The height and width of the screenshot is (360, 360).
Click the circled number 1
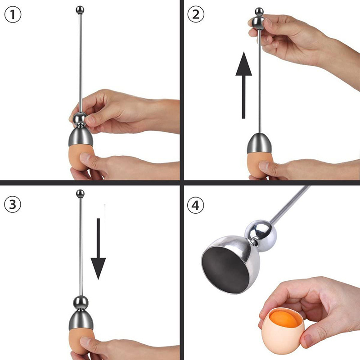click(13, 15)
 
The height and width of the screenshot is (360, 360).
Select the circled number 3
click(13, 204)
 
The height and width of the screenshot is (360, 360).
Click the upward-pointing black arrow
click(243, 85)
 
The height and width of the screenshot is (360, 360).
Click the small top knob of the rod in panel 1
click(80, 9)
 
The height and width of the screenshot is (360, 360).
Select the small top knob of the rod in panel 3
click(80, 194)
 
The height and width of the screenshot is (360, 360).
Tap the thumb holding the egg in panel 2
click(270, 167)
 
